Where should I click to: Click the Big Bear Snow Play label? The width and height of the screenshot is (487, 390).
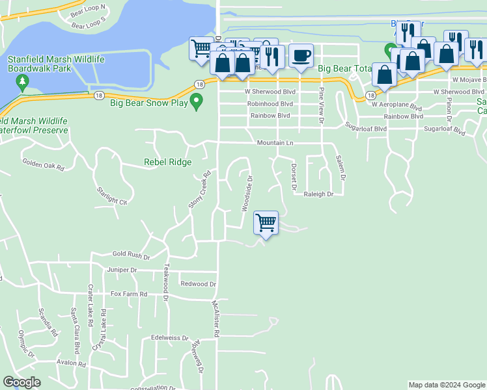[148, 103]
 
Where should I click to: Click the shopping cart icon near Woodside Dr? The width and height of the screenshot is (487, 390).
[266, 223]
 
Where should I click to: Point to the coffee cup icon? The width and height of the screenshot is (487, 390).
[301, 56]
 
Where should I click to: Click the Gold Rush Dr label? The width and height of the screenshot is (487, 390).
[131, 255]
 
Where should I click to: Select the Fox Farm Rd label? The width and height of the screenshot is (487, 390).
[129, 294]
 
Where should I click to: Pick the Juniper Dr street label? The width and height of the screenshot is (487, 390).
[124, 270]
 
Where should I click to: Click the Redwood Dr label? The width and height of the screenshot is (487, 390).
[198, 284]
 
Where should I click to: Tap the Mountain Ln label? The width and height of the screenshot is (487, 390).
[275, 142]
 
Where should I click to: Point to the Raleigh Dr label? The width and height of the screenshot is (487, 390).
[318, 194]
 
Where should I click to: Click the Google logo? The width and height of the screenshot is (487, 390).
[21, 382]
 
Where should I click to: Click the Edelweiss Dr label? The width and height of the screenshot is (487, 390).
[169, 339]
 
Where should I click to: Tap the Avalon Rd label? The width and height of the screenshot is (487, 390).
[72, 363]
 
